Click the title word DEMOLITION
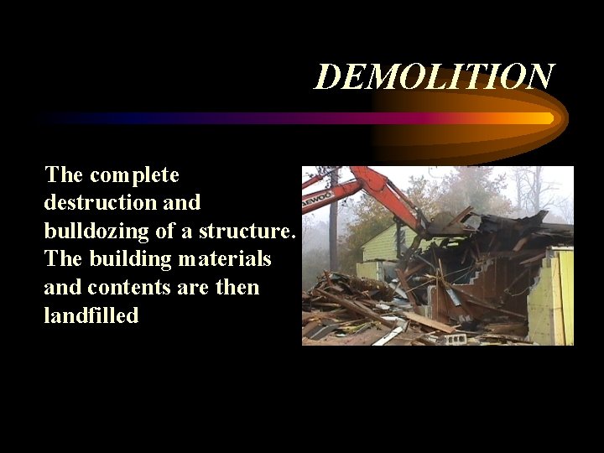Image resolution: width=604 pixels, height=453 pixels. [x=434, y=76]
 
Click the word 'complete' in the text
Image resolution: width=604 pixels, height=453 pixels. [x=134, y=174]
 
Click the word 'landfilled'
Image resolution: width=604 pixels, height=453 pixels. [x=91, y=316]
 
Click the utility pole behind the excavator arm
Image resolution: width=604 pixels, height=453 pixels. [x=333, y=218]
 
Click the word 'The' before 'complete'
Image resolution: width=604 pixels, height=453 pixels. [x=64, y=174]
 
